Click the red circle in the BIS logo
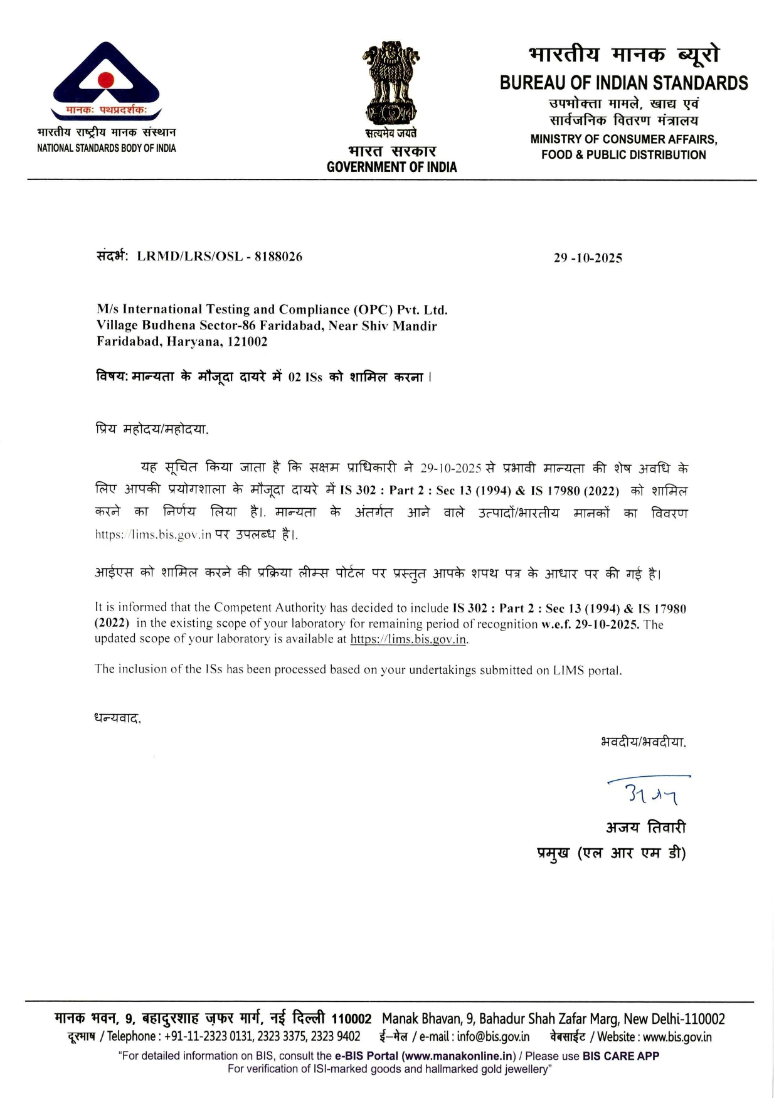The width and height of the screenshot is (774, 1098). tap(106, 80)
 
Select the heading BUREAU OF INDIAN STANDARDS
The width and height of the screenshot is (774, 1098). tap(623, 83)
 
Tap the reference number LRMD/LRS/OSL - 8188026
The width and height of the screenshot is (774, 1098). tap(220, 257)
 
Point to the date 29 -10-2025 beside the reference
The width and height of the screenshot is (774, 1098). tap(588, 258)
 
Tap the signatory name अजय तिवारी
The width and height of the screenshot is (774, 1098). tap(645, 828)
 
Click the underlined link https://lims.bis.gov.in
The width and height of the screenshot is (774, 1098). tap(408, 639)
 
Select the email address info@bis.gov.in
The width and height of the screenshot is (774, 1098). tap(493, 1037)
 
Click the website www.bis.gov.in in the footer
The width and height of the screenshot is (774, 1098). tap(677, 1037)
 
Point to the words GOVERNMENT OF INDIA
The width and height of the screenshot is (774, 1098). tap(391, 167)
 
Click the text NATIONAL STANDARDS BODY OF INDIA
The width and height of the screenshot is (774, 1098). tap(107, 148)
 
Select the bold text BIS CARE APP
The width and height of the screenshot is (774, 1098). tap(620, 1056)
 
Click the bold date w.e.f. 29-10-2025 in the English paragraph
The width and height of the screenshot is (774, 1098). tap(590, 624)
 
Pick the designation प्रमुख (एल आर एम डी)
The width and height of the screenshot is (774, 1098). tap(611, 853)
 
